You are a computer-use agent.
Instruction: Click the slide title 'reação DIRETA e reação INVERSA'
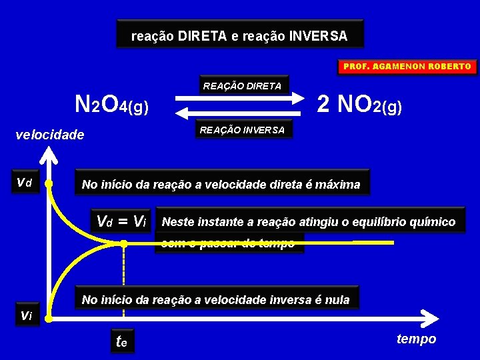click(239, 35)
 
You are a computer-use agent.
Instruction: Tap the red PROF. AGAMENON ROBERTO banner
click(407, 67)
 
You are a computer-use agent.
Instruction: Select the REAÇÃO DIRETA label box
click(242, 86)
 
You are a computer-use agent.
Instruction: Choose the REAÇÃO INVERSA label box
click(242, 130)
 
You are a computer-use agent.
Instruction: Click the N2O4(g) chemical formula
click(111, 105)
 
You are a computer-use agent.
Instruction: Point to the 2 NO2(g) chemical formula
click(359, 104)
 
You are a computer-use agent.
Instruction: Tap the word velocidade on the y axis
click(50, 135)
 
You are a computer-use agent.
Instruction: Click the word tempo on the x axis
click(416, 339)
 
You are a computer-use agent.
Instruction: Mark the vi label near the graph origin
click(26, 315)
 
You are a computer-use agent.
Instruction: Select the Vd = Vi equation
click(121, 221)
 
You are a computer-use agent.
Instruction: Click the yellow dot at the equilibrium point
click(124, 245)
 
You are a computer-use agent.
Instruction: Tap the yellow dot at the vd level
click(49, 183)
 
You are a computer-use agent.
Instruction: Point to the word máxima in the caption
click(339, 185)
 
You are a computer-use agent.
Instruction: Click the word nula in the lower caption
click(337, 300)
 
